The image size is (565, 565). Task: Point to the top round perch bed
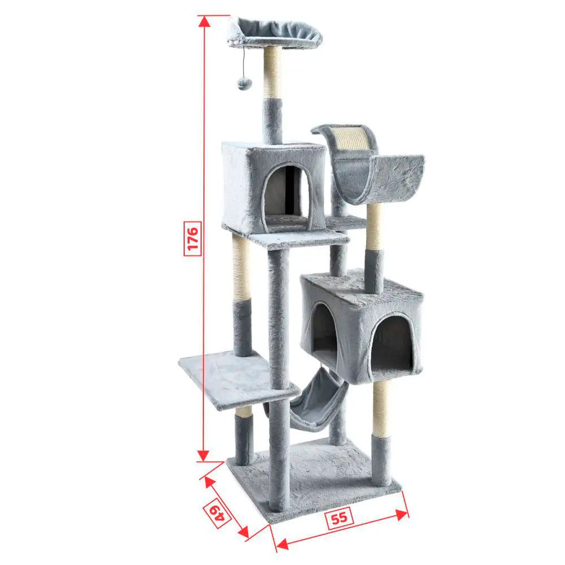point(274,32)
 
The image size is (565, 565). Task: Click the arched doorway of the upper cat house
point(287,197)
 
